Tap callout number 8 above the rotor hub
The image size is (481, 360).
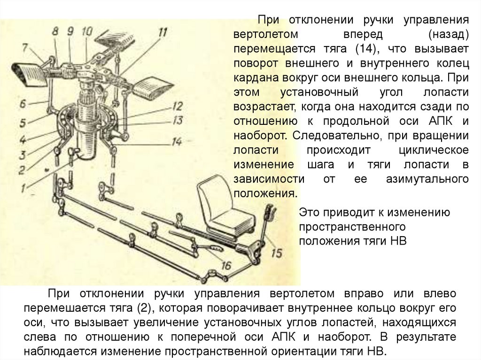pyautogui.click(x=55, y=32)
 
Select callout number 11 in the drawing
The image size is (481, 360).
pyautogui.click(x=162, y=32)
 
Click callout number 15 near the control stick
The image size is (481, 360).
pyautogui.click(x=277, y=253)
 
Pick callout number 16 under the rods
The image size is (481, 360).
pyautogui.click(x=226, y=266)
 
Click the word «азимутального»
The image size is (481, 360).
pyautogui.click(x=427, y=179)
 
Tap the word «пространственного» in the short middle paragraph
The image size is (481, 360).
pyautogui.click(x=353, y=226)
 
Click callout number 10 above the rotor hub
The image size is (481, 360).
pyautogui.click(x=87, y=31)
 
